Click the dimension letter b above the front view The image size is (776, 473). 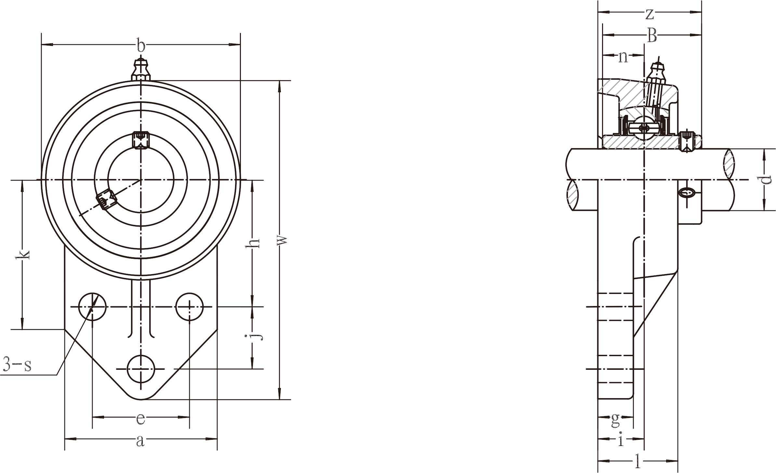[x=140, y=46]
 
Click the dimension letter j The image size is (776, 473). [x=256, y=337]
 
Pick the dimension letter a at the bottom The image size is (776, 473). [x=140, y=441]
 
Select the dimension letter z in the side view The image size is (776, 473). [x=649, y=14]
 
